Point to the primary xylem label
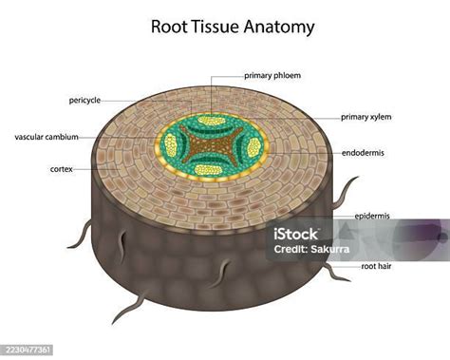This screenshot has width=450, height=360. point(366,117)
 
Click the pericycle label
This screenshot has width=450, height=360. point(84,100)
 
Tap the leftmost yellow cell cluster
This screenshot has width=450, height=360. point(171,145)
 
